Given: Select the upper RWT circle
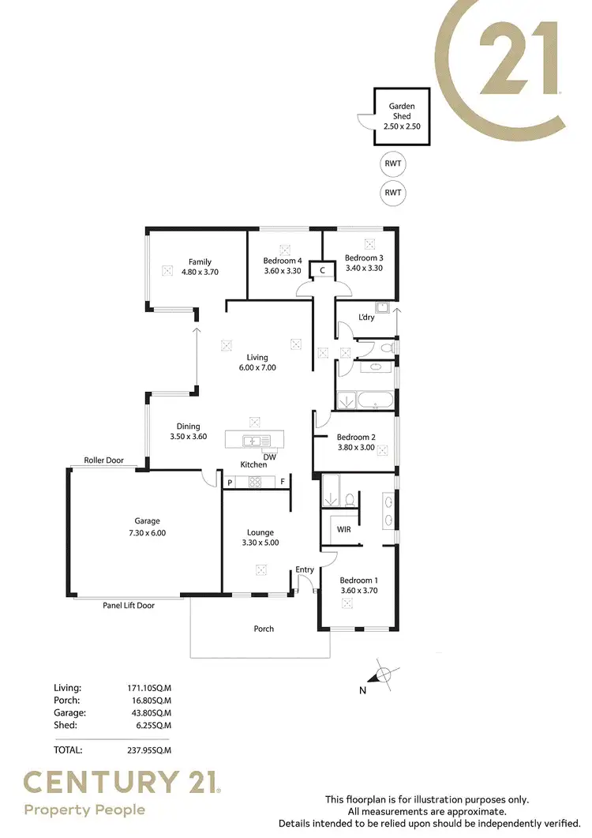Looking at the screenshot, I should click(x=392, y=163).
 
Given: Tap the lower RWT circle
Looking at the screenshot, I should click(x=392, y=192).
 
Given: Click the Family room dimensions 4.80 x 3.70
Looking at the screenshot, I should click(x=199, y=272).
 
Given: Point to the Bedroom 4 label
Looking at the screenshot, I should click(x=282, y=261).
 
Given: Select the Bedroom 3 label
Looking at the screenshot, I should click(x=364, y=257).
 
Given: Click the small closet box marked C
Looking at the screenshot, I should click(x=322, y=270).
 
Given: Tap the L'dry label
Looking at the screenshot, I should click(x=366, y=318).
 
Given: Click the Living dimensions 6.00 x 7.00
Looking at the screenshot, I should click(x=257, y=367).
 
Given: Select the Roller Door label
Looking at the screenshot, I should click(x=104, y=460).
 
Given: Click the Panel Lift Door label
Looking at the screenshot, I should click(x=129, y=606).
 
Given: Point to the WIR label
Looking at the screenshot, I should click(x=343, y=529).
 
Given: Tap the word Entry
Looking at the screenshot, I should click(x=305, y=569).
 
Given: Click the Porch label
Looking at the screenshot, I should click(x=264, y=629).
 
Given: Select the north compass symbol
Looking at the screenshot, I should click(x=383, y=674).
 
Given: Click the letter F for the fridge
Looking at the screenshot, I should click(x=282, y=482).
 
